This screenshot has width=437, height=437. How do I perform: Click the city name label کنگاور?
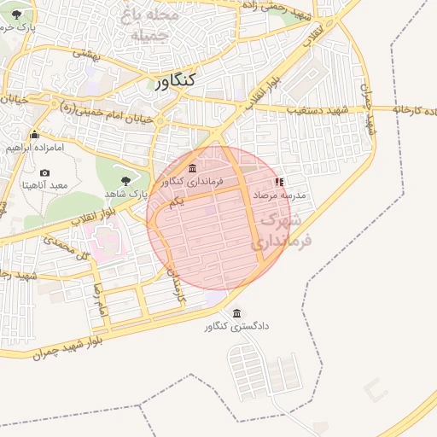pyautogui.click(x=177, y=80)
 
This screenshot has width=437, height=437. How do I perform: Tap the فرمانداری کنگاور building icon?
pyautogui.click(x=192, y=167)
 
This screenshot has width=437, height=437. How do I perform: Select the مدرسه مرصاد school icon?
pyautogui.click(x=279, y=182)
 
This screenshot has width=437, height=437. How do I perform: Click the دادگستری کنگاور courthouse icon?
pyautogui.click(x=236, y=313)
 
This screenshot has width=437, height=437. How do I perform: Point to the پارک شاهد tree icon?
pyautogui.click(x=126, y=180)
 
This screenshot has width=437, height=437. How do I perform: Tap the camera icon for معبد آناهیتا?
pyautogui.click(x=44, y=172)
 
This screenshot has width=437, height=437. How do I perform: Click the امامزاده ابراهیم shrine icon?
pyautogui.click(x=34, y=134)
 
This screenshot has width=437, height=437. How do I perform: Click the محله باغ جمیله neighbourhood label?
pyautogui.click(x=150, y=26)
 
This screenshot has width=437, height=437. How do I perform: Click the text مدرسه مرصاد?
pyautogui.click(x=280, y=195)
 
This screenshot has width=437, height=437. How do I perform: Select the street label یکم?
pyautogui.click(x=177, y=202)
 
